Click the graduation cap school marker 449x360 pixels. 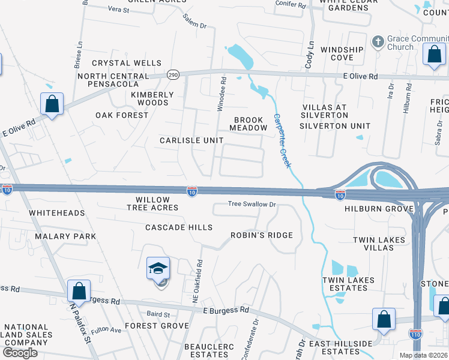point(158,269)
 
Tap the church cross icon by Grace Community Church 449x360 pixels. point(378,41)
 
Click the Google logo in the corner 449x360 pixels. point(20,353)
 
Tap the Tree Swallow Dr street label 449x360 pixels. point(252,204)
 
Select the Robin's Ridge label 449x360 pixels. point(262,235)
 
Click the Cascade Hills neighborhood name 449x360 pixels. point(179,227)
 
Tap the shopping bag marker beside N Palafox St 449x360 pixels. point(79,291)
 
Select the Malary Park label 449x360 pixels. point(65,236)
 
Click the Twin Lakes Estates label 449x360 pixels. point(348,284)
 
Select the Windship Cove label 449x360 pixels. point(342,53)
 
